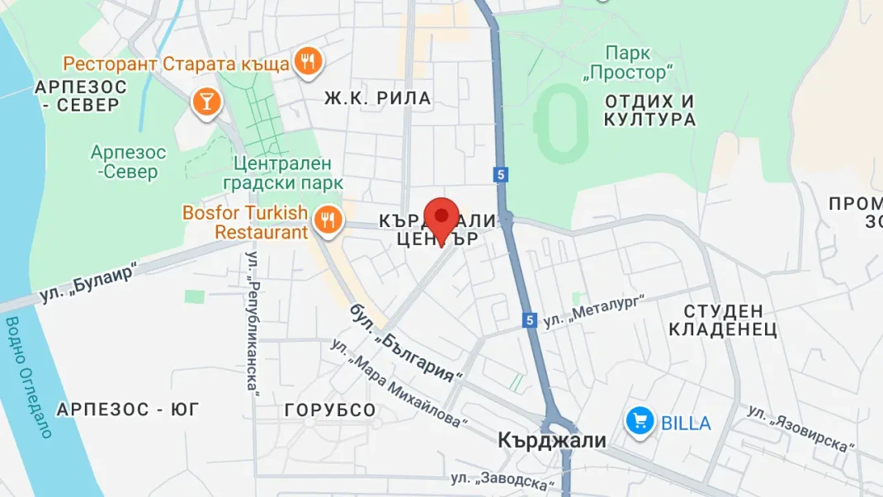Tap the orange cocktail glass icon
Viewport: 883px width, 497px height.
coord(205,102)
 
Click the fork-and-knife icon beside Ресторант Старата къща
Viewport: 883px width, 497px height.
coord(308,60)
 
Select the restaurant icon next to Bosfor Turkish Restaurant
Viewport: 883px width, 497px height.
coord(328,220)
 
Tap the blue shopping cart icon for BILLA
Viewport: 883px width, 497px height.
coord(640,422)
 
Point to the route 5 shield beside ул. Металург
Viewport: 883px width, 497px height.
coord(530,320)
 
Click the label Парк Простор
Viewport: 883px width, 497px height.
coord(627,64)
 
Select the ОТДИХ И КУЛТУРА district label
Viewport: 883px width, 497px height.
coord(649,111)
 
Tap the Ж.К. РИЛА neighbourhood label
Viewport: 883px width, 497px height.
coord(377,99)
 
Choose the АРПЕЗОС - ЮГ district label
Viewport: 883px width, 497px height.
coord(128,409)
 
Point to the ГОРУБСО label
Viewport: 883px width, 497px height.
coord(330,410)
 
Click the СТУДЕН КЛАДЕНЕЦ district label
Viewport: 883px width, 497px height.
coord(723,320)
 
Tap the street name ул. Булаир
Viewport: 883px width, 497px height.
coord(87,284)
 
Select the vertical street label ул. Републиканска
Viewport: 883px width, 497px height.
coord(253,321)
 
